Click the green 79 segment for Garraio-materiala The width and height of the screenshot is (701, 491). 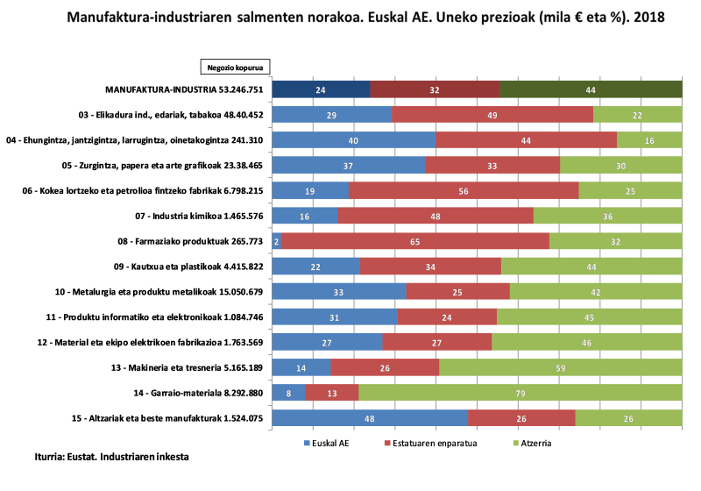520,393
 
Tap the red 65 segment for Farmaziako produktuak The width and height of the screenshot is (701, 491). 415,241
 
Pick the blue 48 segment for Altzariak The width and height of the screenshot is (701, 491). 370,418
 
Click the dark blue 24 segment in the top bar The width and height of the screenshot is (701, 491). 321,89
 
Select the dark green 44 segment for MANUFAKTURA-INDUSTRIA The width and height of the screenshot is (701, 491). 591,89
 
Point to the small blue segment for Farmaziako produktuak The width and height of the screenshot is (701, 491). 277,241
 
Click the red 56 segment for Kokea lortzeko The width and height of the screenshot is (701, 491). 464,190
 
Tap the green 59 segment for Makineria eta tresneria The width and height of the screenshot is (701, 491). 561,367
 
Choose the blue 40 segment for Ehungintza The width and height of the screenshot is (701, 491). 354,140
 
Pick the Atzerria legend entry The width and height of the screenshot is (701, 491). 532,443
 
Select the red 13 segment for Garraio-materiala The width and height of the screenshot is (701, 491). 332,393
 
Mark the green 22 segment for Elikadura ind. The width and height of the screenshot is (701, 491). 638,115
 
